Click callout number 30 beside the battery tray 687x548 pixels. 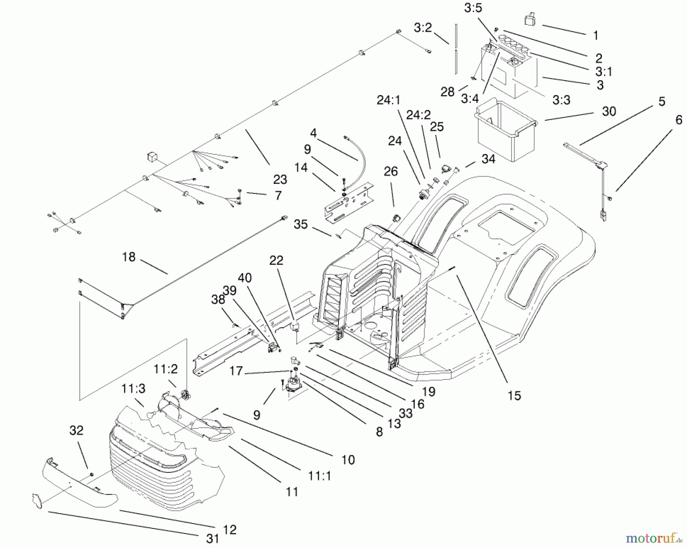click(609, 111)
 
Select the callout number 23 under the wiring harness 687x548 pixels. click(280, 179)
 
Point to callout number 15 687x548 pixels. click(514, 395)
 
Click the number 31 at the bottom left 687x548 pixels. click(212, 538)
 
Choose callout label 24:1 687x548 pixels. click(389, 100)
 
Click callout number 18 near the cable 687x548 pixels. click(129, 257)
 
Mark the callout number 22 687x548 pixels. click(276, 260)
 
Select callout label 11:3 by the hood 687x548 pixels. click(134, 389)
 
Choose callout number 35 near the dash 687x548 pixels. click(300, 224)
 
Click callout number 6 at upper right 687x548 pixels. click(678, 120)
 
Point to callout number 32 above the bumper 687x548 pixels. click(76, 430)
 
